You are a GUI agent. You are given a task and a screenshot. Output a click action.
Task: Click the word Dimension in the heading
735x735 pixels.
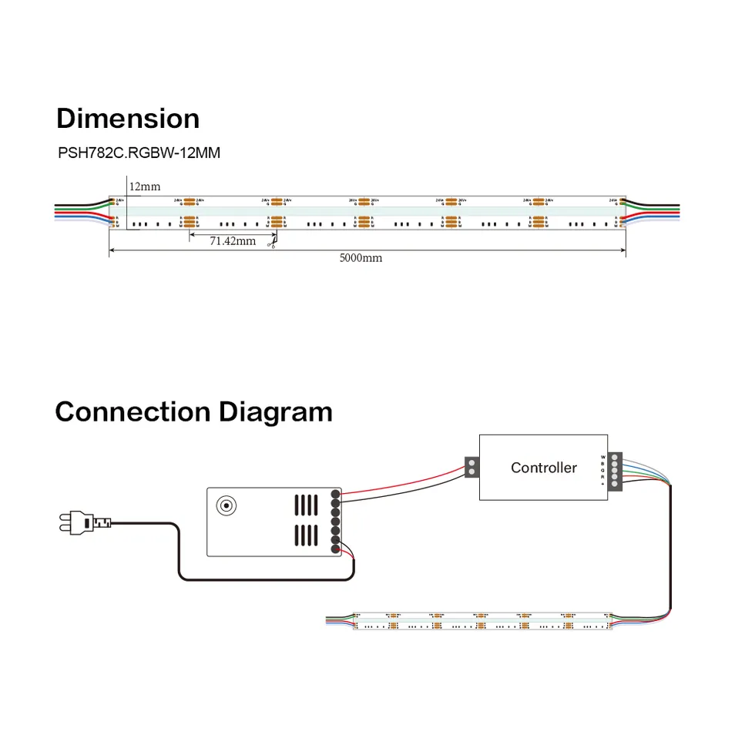[x=128, y=119]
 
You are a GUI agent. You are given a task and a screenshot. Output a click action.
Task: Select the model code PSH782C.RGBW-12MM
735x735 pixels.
[x=139, y=153]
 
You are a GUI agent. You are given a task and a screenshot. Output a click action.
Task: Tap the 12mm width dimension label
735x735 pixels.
[x=145, y=186]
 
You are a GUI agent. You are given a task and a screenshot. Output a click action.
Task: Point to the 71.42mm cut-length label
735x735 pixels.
[x=232, y=241]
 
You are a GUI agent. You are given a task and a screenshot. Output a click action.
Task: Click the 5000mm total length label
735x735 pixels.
[x=361, y=258]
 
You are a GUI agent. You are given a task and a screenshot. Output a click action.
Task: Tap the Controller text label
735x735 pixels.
[x=543, y=468]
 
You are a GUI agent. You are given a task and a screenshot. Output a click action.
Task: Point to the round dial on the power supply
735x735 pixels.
[x=227, y=505]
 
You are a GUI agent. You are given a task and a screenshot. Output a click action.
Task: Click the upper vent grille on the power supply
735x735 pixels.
[x=306, y=505]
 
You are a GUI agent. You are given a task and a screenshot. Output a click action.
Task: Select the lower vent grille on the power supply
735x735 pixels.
[x=306, y=535]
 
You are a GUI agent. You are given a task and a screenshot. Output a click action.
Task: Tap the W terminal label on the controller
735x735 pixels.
[x=603, y=456]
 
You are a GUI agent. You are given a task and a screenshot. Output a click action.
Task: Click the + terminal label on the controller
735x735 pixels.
[x=603, y=483]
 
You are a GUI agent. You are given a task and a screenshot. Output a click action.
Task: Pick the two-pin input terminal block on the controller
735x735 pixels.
[x=470, y=468]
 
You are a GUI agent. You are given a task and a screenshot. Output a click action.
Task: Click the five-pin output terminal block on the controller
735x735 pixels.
[x=615, y=469]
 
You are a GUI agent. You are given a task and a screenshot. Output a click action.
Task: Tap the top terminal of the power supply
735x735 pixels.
[x=335, y=495]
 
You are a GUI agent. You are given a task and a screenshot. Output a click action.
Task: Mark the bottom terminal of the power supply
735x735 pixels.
[x=335, y=549]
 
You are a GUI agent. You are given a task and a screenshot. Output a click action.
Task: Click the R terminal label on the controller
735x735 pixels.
[x=603, y=476]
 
